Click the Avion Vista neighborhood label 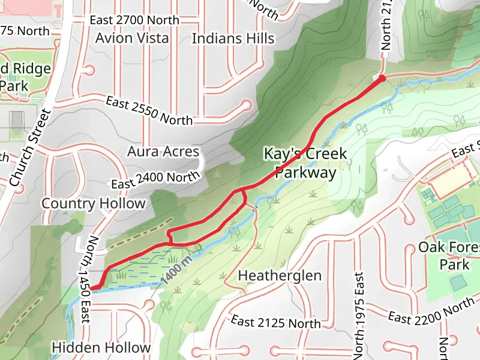pos(131,38)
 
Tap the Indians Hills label pos(233,38)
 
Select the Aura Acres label pos(163,151)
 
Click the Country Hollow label pos(94,203)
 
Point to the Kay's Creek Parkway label pos(305,163)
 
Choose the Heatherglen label pos(280,275)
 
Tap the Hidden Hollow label pos(101,347)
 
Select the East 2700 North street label pos(134,20)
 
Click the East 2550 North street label pos(149,110)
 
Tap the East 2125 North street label pos(275,323)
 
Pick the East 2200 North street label pos(431,310)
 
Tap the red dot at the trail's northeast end pos(382,78)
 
